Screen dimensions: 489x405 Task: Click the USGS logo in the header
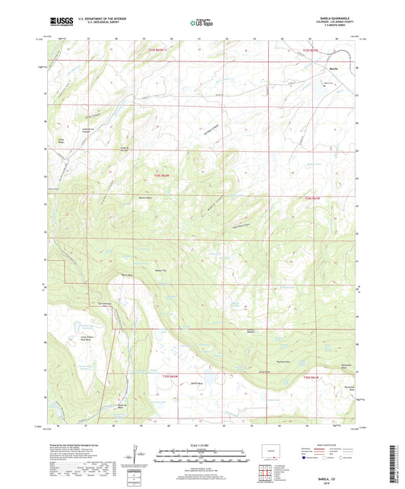[59, 23]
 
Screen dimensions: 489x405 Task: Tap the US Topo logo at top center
[201, 23]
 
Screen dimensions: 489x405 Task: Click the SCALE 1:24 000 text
[201, 446]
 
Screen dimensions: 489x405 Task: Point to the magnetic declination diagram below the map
[134, 458]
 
